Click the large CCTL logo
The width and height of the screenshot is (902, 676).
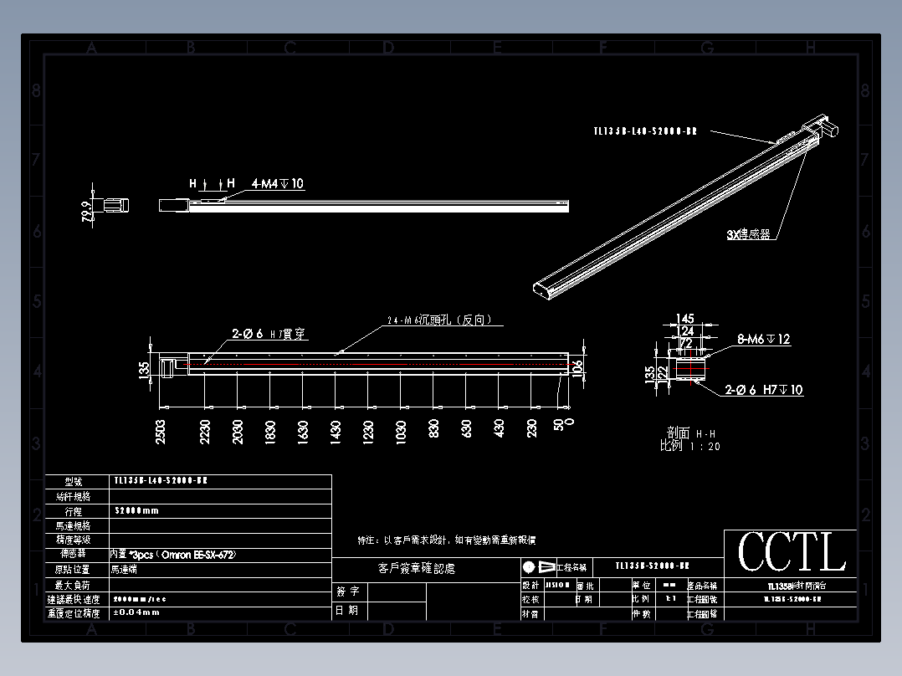[x=791, y=552]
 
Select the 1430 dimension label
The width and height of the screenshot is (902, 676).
[x=336, y=431]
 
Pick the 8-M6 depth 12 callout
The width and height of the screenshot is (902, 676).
[x=762, y=340]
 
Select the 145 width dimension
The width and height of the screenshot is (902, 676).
[x=685, y=319]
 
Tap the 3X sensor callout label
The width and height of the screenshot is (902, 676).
[x=748, y=235]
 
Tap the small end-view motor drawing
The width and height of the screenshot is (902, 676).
[x=112, y=203]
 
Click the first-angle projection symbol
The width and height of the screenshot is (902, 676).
[x=539, y=566]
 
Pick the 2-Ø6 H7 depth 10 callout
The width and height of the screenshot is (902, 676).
[x=762, y=390]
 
